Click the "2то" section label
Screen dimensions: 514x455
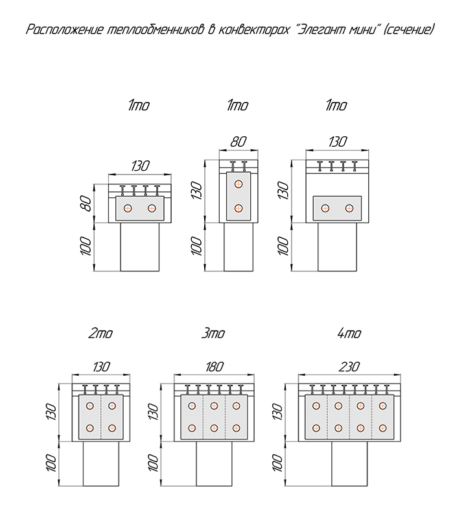coord(100,334)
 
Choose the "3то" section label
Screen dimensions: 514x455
coord(213,334)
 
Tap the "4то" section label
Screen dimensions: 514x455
coord(349,334)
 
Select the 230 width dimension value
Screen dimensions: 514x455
coord(348,367)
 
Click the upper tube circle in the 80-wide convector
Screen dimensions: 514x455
coord(239,184)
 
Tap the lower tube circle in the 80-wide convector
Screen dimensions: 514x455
coord(239,208)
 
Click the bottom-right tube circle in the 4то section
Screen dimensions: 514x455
coord(383,428)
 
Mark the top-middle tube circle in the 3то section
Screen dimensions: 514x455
coord(214,406)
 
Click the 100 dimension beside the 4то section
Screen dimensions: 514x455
coord(277,463)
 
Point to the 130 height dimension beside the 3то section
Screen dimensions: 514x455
coord(153,411)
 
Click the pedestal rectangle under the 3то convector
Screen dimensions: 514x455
coord(214,463)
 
